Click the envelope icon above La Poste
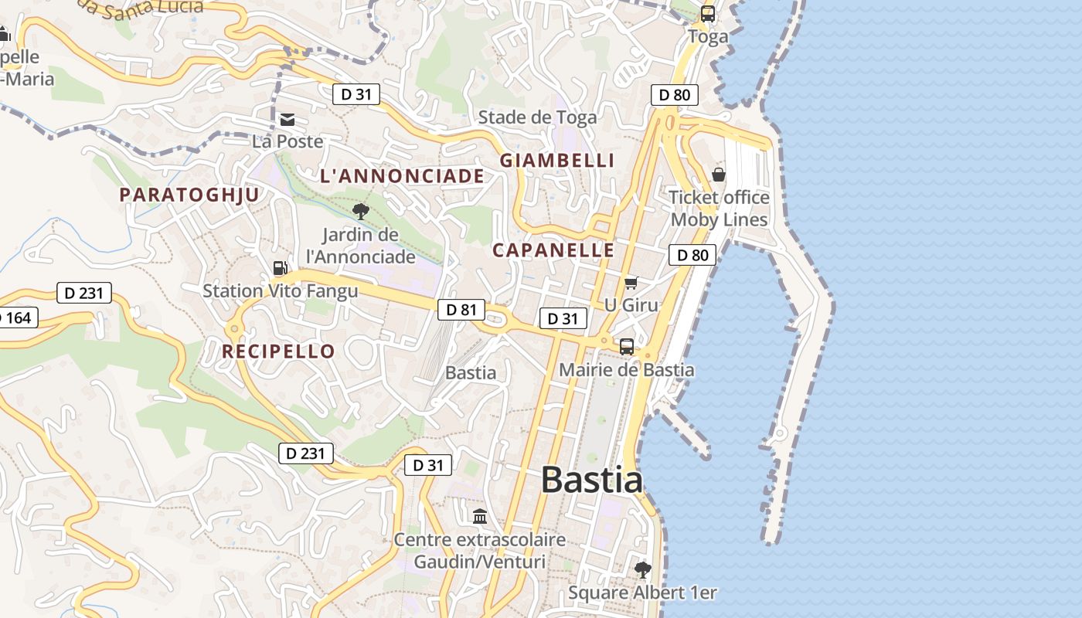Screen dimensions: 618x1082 tap(288, 119)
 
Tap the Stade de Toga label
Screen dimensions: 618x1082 tap(537, 117)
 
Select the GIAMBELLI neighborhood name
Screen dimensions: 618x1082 tap(557, 161)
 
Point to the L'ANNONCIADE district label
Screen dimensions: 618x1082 tap(402, 176)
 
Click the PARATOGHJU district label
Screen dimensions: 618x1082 tap(189, 195)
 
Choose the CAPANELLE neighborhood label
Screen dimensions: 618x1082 tap(553, 250)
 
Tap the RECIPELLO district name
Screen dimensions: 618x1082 tap(278, 351)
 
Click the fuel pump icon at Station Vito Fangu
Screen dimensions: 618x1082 tap(280, 268)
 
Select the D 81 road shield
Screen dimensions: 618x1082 tap(461, 310)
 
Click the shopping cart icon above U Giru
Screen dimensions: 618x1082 tap(631, 284)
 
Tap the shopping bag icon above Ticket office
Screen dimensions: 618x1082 tap(719, 175)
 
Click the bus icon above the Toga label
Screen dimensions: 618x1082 tap(707, 14)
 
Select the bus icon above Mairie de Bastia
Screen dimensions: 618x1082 tap(626, 346)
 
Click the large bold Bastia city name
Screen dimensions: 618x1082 tap(591, 480)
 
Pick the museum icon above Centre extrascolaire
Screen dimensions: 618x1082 tap(480, 515)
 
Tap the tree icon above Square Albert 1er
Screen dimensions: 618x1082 tap(642, 570)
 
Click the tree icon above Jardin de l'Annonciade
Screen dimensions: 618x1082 tap(360, 211)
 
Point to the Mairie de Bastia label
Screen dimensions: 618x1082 tap(626, 370)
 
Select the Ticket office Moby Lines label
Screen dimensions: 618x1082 tap(719, 209)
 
